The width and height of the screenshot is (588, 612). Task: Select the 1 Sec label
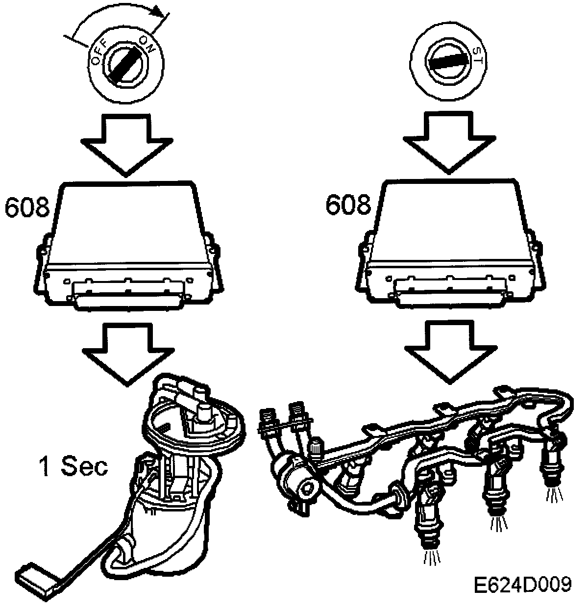click(x=73, y=467)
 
